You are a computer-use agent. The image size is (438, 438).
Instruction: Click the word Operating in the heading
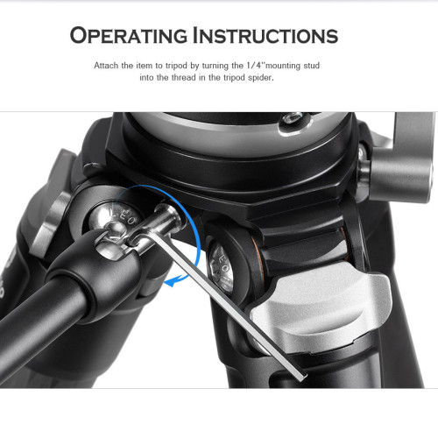coord(129,36)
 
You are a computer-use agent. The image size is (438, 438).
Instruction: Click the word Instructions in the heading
coord(265,36)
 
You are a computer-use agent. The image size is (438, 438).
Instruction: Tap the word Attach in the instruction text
coord(106,66)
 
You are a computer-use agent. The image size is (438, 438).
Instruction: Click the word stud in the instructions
coord(312,66)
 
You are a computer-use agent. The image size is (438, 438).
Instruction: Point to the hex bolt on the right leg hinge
coord(221,267)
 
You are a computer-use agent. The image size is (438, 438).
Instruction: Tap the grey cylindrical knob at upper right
coord(401,173)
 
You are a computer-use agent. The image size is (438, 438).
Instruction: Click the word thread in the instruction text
coord(184,78)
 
